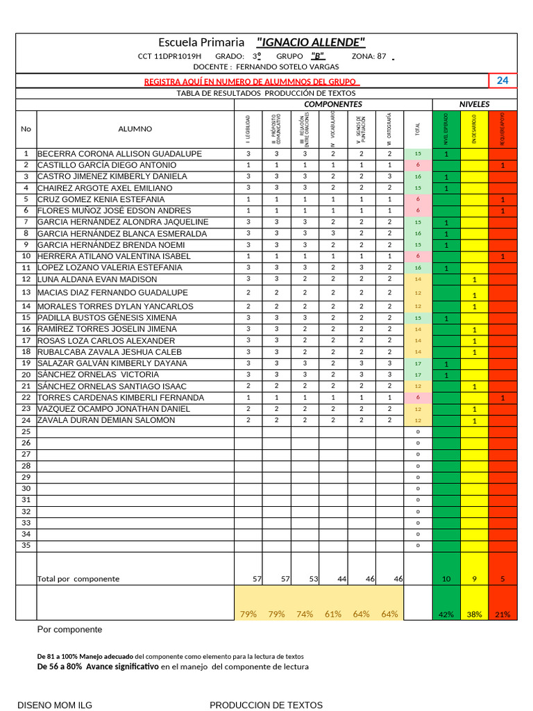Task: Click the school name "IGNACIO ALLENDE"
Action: (x=310, y=42)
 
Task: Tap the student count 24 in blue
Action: (x=502, y=81)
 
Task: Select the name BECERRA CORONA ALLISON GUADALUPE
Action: (x=119, y=153)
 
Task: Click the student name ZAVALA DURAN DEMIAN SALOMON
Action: (x=106, y=420)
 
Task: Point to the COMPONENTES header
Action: (x=333, y=104)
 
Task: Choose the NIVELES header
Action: (x=474, y=104)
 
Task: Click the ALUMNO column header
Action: (x=135, y=128)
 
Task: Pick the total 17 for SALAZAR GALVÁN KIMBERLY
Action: (x=418, y=363)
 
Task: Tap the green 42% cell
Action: (x=446, y=614)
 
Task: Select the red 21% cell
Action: (x=502, y=614)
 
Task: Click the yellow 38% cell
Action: (x=474, y=614)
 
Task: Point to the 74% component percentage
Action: (x=305, y=614)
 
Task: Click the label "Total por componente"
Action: (x=78, y=578)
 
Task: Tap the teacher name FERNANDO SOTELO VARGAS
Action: (x=287, y=67)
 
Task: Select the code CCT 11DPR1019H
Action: (x=169, y=56)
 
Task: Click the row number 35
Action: (x=26, y=546)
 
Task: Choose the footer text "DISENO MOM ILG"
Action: (x=54, y=705)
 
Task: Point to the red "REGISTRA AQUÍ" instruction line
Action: (x=251, y=81)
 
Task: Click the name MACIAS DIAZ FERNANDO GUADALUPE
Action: (x=112, y=292)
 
